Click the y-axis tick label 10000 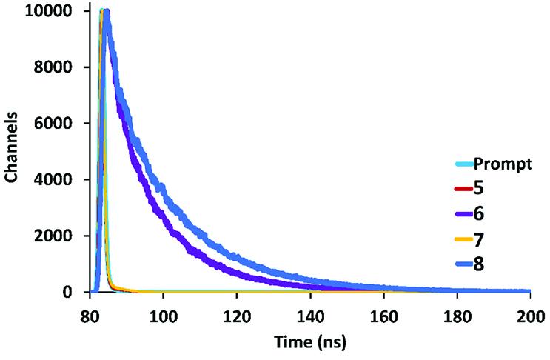pos(47,12)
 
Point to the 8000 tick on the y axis pos(52,68)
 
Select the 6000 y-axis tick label pos(52,124)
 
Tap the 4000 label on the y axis pos(52,181)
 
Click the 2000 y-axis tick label pos(52,237)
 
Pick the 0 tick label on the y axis pos(65,293)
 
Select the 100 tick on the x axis pos(162,313)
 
